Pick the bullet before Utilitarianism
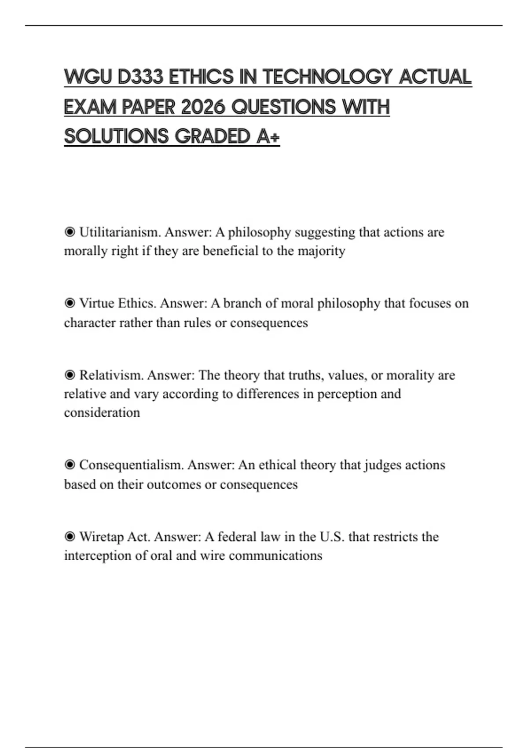(70, 232)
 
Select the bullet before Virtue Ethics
(70, 303)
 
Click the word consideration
(102, 413)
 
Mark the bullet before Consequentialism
(70, 465)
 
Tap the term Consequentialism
(131, 465)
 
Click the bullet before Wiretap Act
(70, 537)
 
